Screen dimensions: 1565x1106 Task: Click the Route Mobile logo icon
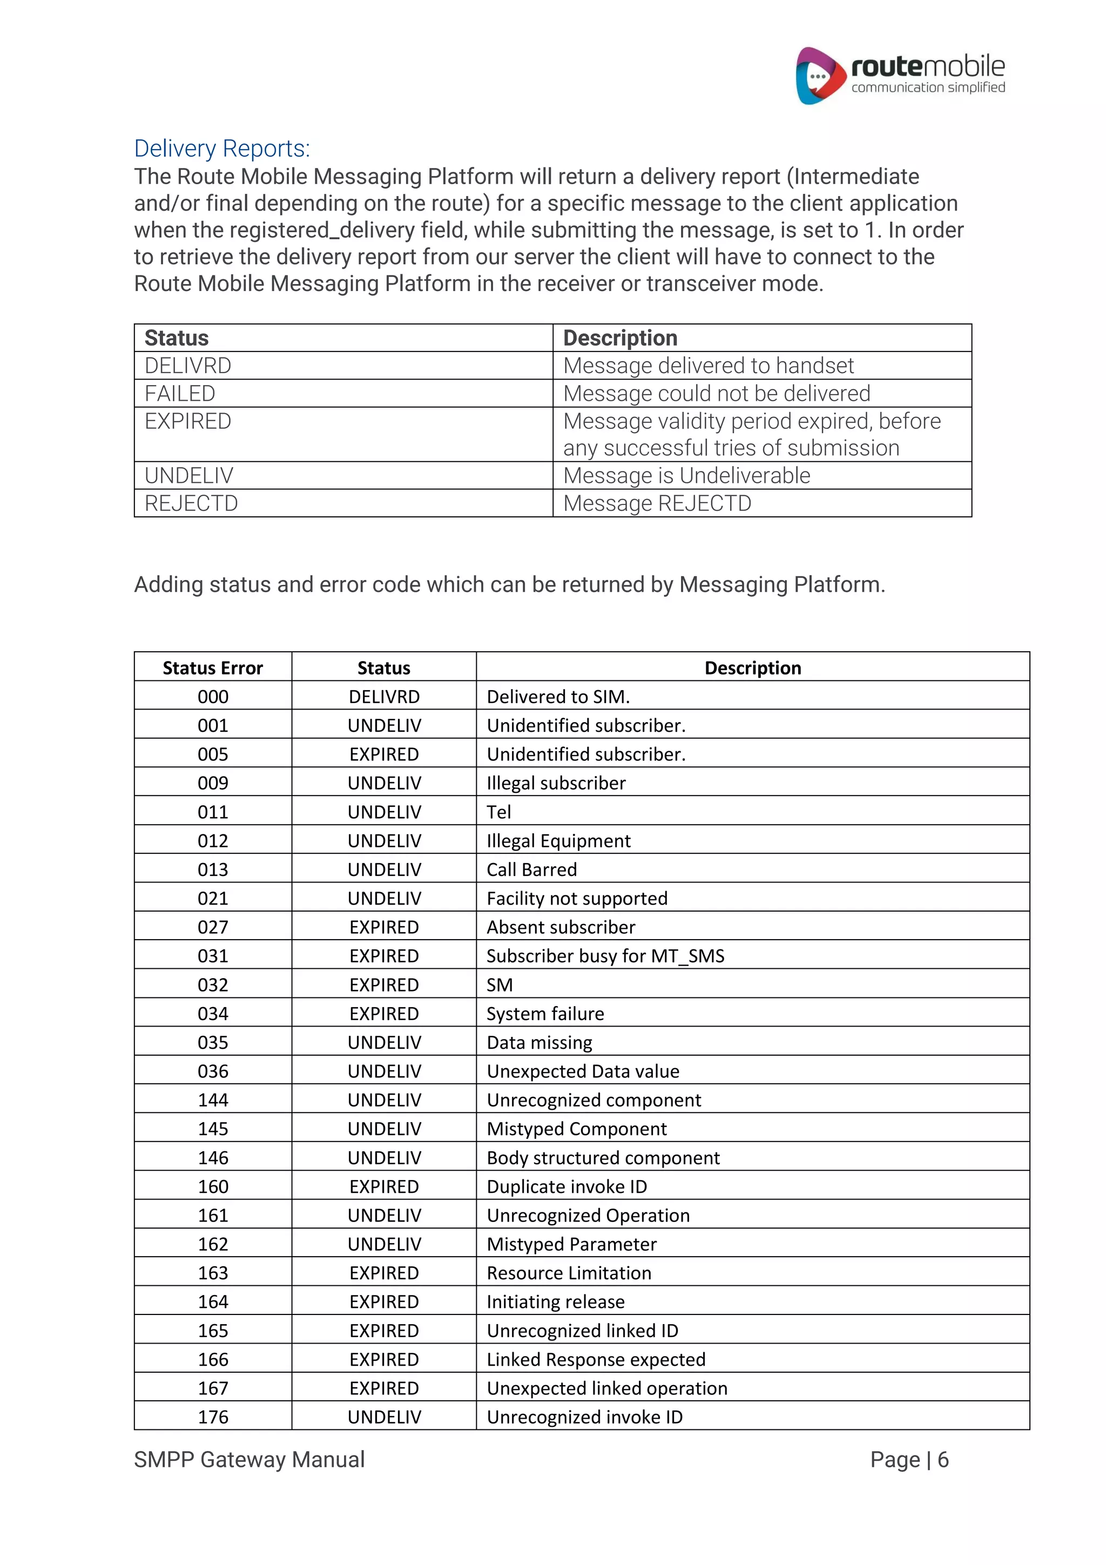[818, 76]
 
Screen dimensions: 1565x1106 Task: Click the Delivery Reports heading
[221, 149]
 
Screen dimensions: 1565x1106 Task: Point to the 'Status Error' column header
[213, 668]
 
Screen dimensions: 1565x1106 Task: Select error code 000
[213, 697]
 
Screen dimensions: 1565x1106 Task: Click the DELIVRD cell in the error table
[383, 697]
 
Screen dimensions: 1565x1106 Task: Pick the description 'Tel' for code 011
[499, 812]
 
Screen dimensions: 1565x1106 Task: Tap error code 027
[213, 927]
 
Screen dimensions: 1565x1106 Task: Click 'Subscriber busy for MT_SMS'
[605, 956]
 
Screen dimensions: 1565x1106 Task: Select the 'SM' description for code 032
[500, 985]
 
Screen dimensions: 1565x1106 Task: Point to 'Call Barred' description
[531, 870]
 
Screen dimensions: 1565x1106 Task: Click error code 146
[213, 1157]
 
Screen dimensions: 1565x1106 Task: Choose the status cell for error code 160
[383, 1186]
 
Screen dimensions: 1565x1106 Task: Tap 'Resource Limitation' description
[568, 1273]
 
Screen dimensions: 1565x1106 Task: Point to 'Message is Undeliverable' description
[686, 475]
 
